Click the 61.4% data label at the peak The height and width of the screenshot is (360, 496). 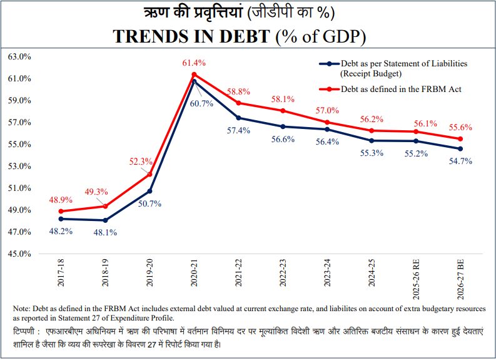tap(194, 63)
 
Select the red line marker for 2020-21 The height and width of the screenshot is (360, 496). tap(195, 75)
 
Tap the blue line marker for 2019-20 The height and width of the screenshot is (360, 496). tap(150, 191)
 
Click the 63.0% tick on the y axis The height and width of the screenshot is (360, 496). tap(19, 56)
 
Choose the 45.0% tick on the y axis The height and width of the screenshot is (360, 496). tap(19, 254)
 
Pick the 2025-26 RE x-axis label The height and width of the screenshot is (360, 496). tap(417, 275)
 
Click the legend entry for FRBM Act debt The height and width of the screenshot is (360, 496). tap(400, 90)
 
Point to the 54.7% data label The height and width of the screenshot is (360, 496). tap(460, 161)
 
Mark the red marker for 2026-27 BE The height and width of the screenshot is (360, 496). tap(460, 139)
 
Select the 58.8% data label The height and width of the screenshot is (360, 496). tap(238, 91)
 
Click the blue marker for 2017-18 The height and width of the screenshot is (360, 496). tap(61, 219)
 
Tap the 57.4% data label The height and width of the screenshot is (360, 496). tap(238, 130)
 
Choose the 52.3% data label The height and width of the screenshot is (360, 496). tap(141, 161)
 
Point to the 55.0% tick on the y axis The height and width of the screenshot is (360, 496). tap(19, 144)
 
